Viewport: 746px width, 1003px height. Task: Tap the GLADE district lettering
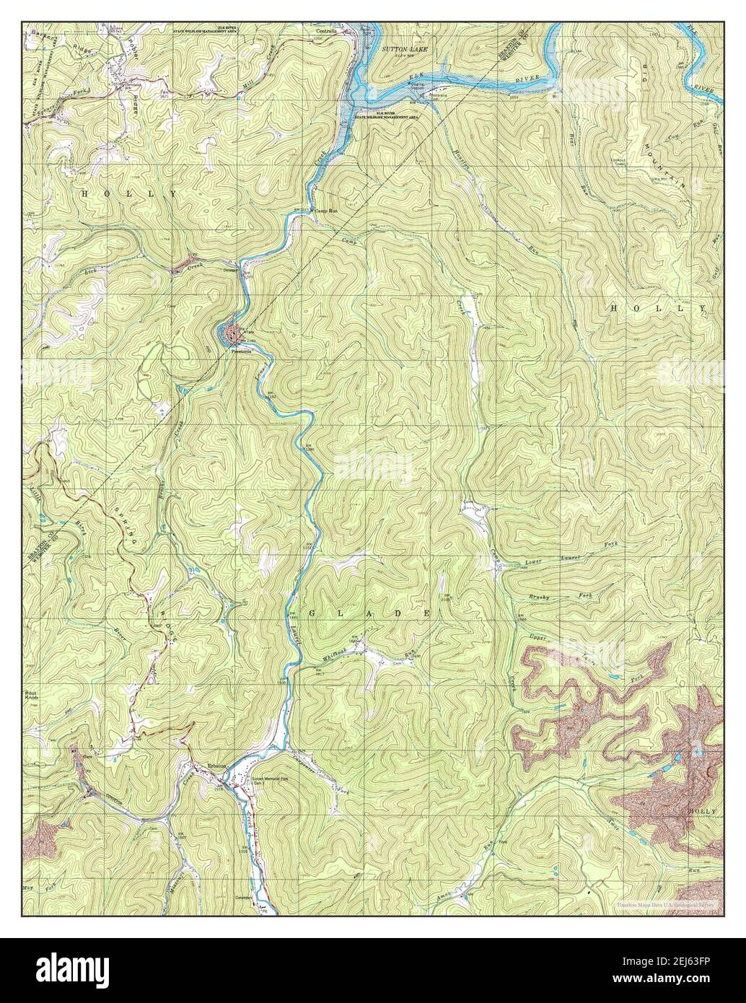[x=371, y=613]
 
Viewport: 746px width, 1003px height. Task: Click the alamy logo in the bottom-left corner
[x=66, y=970]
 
